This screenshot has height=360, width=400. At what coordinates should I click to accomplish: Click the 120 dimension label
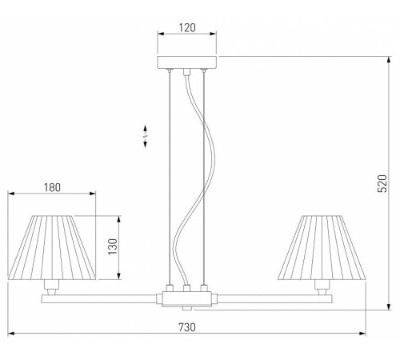(x=187, y=27)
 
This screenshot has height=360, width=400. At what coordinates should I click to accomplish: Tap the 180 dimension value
(x=52, y=187)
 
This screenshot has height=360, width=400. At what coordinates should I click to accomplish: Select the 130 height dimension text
(x=113, y=246)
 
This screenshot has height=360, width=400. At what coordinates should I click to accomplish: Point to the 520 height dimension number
(x=382, y=183)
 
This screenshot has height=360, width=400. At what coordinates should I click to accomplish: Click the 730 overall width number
(x=187, y=327)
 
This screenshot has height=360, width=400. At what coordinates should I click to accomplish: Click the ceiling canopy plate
(x=187, y=62)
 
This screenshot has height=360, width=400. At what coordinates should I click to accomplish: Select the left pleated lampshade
(x=52, y=248)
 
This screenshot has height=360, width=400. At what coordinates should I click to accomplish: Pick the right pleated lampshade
(x=322, y=248)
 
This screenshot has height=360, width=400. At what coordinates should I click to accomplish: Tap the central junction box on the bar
(x=187, y=298)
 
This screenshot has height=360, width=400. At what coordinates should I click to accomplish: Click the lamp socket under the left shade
(x=52, y=286)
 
